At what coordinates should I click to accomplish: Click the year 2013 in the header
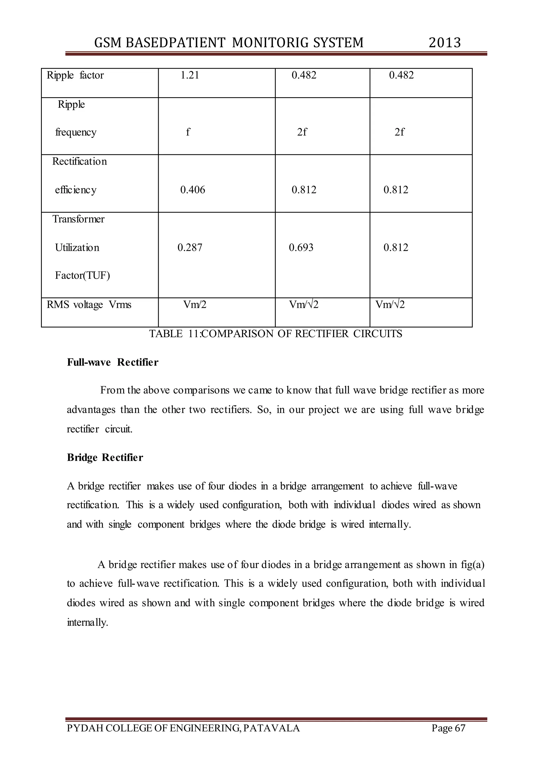444,43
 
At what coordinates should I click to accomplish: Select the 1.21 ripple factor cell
190,75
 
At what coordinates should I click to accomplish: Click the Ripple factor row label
75,75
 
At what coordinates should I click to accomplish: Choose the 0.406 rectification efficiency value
192,190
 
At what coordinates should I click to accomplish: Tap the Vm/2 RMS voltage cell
195,304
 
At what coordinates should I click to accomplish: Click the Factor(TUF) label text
82,275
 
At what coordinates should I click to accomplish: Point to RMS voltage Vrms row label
89,304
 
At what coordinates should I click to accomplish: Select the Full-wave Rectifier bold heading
112,362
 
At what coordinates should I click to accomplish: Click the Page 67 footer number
448,728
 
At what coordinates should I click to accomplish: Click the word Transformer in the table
78,219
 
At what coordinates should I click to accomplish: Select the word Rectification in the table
80,161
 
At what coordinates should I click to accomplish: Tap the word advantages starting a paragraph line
91,410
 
